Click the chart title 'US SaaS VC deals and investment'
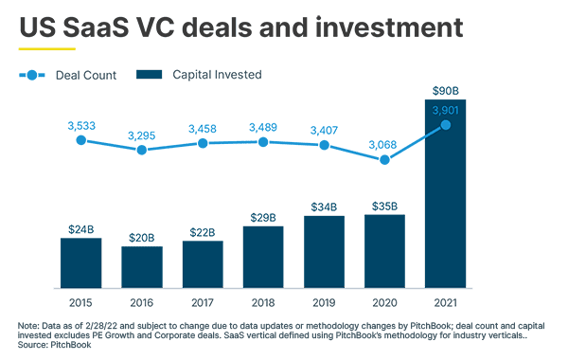point(241,26)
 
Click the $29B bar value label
point(263,217)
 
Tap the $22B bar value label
point(203,232)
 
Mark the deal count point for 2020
point(384,160)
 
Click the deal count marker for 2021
point(445,124)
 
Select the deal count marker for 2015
point(80,140)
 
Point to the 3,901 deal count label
point(445,111)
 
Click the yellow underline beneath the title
point(46,47)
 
